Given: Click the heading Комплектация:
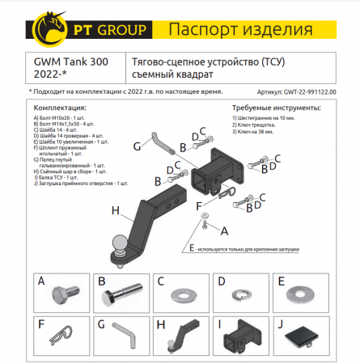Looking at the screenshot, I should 60,106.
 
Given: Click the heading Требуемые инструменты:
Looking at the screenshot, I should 260,106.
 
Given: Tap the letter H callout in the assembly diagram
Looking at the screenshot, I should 116,211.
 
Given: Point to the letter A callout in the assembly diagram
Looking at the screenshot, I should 224,231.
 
